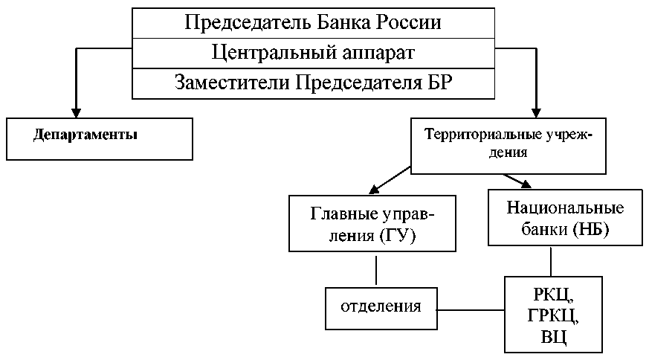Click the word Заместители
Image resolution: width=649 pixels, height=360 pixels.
(232, 83)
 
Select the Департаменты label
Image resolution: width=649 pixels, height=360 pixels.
(85, 135)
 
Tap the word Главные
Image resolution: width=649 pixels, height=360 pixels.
(344, 213)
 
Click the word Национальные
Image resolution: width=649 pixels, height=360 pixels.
(565, 208)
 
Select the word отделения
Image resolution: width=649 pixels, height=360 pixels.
(381, 306)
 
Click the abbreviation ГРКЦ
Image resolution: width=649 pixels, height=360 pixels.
(553, 315)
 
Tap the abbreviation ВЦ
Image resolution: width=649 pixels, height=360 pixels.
(553, 337)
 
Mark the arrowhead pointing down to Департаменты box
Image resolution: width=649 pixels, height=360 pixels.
(76, 113)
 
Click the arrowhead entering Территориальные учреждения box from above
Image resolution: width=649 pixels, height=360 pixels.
(536, 113)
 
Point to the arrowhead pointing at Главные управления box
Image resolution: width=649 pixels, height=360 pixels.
(374, 190)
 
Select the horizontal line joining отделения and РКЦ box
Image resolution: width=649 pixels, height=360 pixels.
(471, 310)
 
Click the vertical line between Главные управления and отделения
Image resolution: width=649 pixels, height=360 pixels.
(376, 270)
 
